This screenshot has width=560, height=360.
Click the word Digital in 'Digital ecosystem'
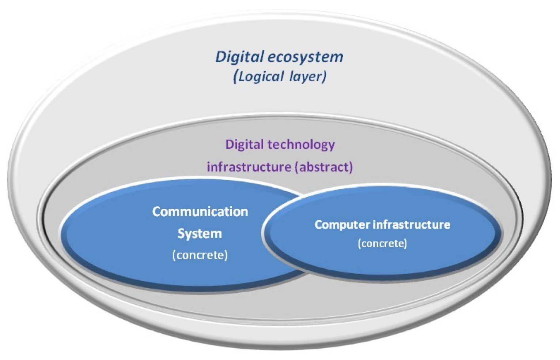239,57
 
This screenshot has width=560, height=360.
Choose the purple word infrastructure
249,167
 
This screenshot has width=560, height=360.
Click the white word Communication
200,211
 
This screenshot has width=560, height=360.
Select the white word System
200,233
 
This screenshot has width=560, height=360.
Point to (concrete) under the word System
200,255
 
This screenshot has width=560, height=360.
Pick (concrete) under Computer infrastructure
382,243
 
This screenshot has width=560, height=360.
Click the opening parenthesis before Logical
236,76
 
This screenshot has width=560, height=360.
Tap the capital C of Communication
156,211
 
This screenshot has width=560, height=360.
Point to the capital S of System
181,233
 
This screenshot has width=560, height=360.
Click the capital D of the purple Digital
229,145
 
